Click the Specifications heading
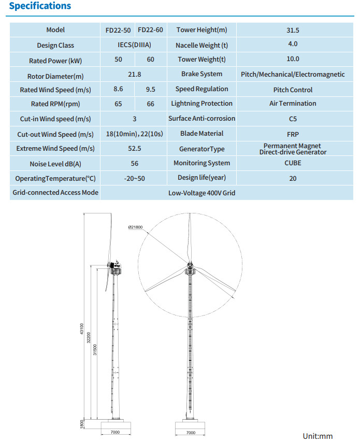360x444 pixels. (40, 6)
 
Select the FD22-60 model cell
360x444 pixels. (150, 30)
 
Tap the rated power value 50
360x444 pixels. (119, 60)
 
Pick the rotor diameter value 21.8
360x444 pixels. (134, 75)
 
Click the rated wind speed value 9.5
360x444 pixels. (151, 90)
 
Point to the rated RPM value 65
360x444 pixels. (119, 104)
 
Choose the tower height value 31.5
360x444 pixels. (293, 30)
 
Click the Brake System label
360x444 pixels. (201, 75)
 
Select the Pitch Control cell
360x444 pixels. (293, 90)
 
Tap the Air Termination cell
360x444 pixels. (293, 104)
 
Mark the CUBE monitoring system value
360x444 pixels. (293, 163)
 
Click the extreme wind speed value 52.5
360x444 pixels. (134, 149)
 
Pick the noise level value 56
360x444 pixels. (134, 164)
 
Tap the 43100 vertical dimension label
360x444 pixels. (82, 330)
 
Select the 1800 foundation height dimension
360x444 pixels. (82, 424)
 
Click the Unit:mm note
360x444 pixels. (318, 436)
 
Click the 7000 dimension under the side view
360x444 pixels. (115, 432)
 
